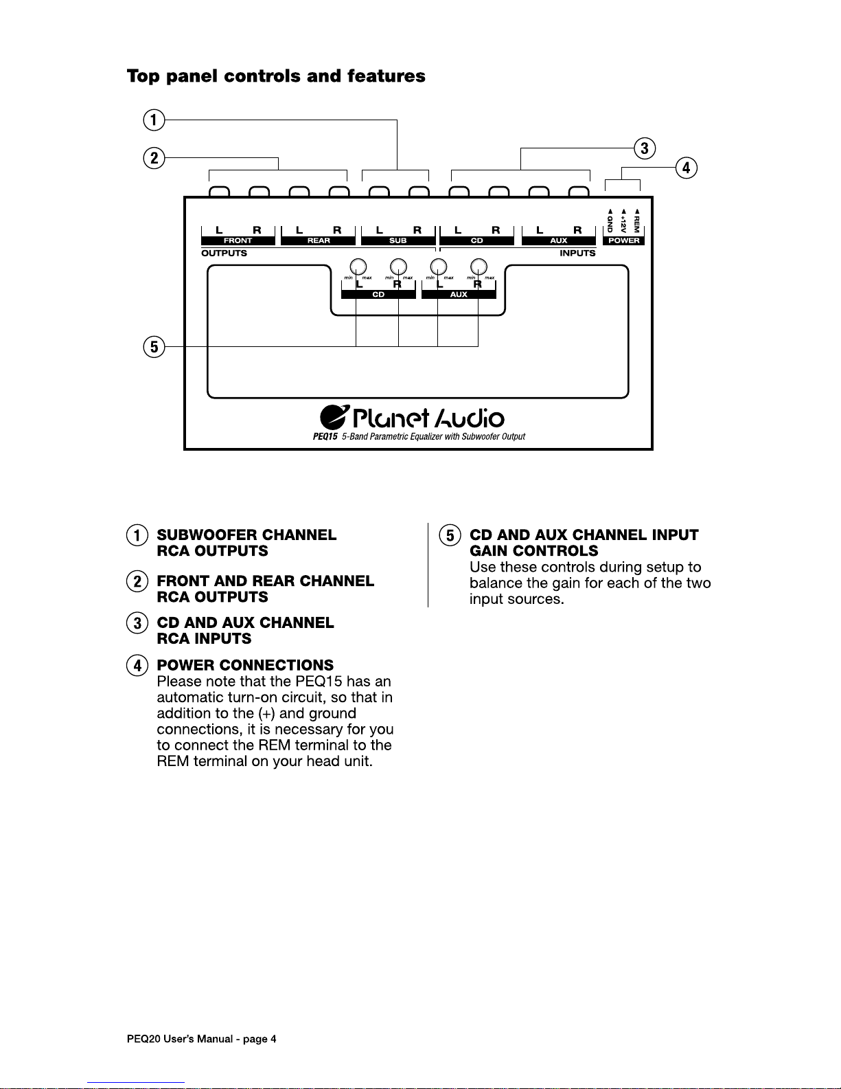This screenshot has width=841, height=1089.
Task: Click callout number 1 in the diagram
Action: tap(154, 120)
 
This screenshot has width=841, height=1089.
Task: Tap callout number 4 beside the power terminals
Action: tap(686, 168)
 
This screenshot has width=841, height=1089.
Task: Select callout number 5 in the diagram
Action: tap(154, 346)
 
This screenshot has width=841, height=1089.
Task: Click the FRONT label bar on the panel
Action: tap(238, 240)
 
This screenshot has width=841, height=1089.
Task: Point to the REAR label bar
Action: tap(319, 240)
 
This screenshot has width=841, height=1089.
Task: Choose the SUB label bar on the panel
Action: tap(398, 240)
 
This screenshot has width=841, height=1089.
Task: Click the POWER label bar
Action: tap(623, 240)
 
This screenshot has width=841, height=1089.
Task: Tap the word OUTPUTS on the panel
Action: tap(224, 253)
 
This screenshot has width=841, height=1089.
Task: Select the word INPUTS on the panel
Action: tap(577, 253)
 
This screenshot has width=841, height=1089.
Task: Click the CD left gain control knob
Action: tap(357, 267)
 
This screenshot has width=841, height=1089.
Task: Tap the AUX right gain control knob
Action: tap(479, 267)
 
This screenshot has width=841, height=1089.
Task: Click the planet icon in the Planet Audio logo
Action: tap(334, 417)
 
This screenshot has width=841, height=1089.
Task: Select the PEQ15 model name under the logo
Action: tap(325, 436)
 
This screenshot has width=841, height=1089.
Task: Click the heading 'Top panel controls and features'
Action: tap(276, 76)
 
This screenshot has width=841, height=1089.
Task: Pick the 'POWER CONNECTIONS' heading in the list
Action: tap(245, 665)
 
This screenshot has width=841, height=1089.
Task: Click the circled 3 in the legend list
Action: tap(137, 623)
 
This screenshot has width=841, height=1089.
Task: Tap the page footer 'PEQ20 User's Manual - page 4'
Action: tap(202, 1039)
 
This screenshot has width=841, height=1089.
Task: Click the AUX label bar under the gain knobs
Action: tap(459, 295)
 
